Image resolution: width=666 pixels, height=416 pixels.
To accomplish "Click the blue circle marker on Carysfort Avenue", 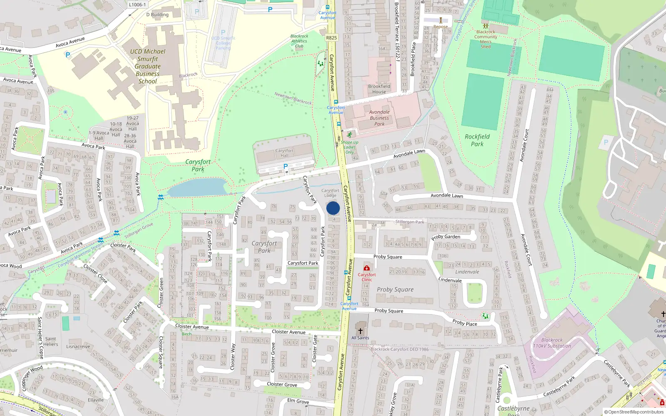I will click(x=333, y=208).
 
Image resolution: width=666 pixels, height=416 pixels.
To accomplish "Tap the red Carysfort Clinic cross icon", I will click(x=366, y=268).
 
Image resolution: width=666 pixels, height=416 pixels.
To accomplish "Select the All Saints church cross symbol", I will click(x=360, y=331).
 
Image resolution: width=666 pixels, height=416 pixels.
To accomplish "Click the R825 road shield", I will click(x=331, y=38).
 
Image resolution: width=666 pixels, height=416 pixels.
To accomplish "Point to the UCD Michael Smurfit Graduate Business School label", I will click(x=148, y=66).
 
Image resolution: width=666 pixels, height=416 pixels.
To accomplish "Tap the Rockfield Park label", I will click(x=477, y=140).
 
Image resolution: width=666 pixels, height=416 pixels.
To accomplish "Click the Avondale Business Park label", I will click(x=379, y=118).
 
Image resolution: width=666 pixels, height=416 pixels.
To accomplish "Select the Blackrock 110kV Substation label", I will click(x=552, y=343).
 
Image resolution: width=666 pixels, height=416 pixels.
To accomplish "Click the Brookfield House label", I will click(x=379, y=89).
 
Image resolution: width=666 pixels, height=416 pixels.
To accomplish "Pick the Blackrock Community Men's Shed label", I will click(x=486, y=39).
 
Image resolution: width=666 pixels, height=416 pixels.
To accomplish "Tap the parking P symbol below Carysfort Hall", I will click(x=286, y=166).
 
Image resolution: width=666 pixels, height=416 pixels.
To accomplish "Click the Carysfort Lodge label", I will click(x=330, y=193).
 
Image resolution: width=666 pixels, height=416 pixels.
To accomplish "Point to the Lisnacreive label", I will click(x=78, y=347).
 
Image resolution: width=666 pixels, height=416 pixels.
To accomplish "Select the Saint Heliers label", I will click(x=51, y=342).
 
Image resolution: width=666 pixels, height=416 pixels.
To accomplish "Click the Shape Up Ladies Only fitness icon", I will click(x=349, y=135).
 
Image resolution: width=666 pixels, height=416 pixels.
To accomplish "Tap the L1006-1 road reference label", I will click(x=137, y=5).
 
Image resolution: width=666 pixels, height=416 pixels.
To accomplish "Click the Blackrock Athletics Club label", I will click(x=299, y=41).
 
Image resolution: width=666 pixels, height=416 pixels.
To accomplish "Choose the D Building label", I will click(x=157, y=15).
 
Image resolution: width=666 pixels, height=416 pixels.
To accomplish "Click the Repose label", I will click(x=440, y=27).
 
